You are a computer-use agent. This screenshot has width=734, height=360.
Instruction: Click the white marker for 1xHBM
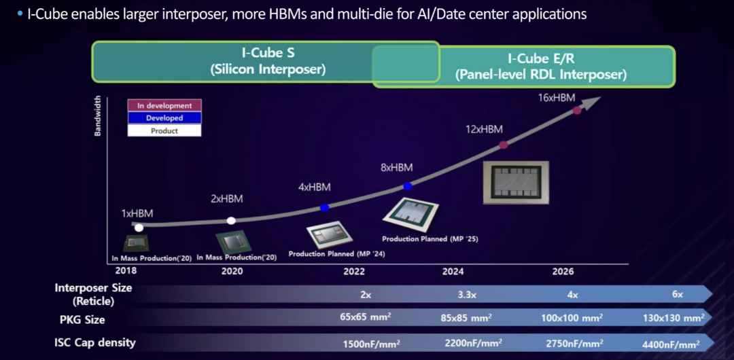click(x=139, y=228)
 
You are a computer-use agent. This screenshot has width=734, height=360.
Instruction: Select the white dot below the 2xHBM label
click(x=231, y=221)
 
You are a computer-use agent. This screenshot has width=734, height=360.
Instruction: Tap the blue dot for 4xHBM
click(x=324, y=207)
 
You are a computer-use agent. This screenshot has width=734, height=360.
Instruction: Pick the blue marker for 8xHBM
click(x=408, y=186)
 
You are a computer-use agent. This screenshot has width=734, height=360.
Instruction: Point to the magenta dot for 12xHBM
click(x=503, y=145)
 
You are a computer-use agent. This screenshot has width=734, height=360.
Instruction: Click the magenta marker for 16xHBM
click(x=577, y=111)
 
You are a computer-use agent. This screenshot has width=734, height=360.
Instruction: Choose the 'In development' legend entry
click(x=164, y=106)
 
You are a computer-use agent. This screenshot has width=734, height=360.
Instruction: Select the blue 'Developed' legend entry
click(x=164, y=118)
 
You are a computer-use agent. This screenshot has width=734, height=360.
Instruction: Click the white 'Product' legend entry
click(x=164, y=130)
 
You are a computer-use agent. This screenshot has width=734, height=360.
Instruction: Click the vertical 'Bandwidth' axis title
click(x=98, y=115)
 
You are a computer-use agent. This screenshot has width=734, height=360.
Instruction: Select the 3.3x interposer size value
click(x=467, y=295)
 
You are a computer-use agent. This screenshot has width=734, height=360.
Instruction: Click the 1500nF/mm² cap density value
click(x=372, y=344)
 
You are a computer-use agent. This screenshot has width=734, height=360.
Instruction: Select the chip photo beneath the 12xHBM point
click(x=516, y=183)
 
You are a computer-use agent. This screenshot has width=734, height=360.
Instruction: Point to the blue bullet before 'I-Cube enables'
click(x=20, y=14)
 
